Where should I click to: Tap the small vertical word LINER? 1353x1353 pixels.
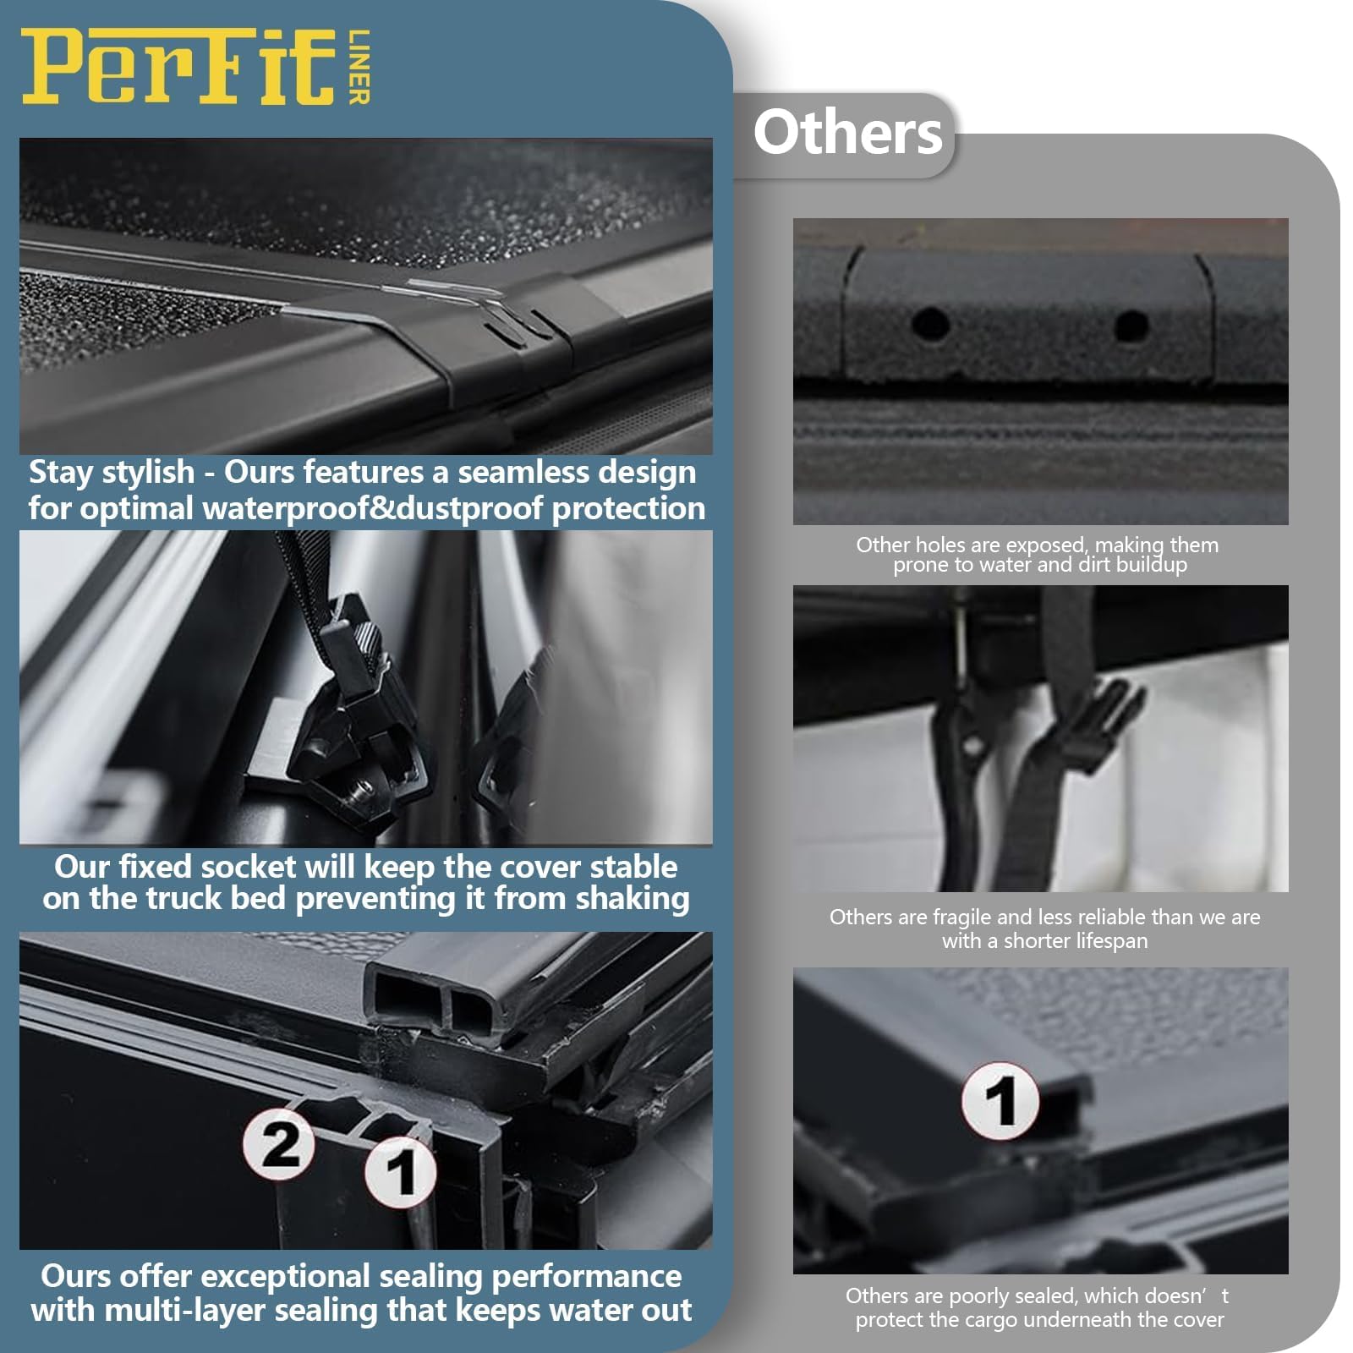[359, 68]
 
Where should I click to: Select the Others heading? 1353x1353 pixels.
[847, 134]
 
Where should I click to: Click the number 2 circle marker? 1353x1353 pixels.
[279, 1145]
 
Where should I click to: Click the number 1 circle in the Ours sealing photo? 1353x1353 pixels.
[400, 1171]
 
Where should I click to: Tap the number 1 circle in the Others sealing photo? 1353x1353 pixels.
[1000, 1101]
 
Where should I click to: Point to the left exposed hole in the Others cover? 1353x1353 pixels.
[930, 322]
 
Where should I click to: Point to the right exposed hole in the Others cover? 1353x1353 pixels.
[1130, 324]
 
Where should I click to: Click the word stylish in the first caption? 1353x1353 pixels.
[148, 473]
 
